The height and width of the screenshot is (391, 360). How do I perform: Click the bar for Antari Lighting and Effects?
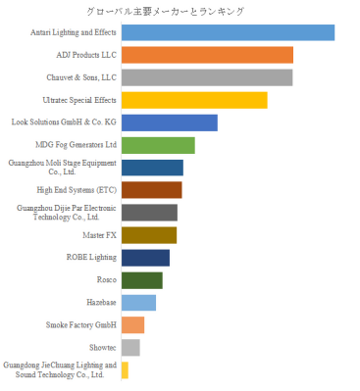coord(228,32)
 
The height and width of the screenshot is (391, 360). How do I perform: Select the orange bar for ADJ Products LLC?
coord(207,55)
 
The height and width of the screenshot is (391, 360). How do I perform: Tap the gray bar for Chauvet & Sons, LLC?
coord(207,77)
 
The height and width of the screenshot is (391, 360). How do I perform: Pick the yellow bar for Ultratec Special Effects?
coord(194,100)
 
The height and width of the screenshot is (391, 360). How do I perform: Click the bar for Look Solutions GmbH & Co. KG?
coord(170,122)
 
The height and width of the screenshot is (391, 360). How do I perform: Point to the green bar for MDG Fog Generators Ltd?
coord(158,145)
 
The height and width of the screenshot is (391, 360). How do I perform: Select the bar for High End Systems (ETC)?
coord(152,190)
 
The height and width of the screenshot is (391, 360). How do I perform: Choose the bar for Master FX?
coord(149,235)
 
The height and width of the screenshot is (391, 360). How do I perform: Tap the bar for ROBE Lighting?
coord(145,258)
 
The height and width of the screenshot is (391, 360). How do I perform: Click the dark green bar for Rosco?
coord(142,280)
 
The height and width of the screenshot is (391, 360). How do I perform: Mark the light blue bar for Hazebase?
coord(138,303)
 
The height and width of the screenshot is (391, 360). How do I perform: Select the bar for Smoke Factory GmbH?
coord(132,325)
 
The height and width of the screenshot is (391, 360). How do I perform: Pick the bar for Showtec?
coord(130,348)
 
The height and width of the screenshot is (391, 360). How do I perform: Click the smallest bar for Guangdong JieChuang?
coord(125,370)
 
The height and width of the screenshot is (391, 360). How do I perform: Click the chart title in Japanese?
coord(165,12)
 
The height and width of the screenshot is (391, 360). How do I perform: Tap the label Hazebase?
coord(101,303)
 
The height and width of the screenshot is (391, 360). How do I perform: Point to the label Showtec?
coord(103,348)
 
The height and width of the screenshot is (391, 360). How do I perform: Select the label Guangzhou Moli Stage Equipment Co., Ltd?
coord(63,168)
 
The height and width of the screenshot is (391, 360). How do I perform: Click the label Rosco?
coord(107,280)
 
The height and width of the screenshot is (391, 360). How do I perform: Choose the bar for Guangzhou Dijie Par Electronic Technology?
coord(149,213)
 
